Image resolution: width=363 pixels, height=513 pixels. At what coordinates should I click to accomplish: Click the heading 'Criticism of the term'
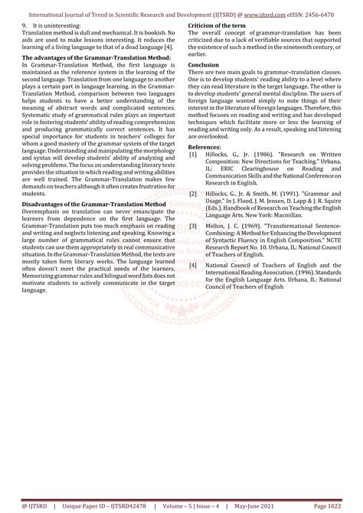219,26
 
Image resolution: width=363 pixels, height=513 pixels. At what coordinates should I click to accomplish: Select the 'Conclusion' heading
205,65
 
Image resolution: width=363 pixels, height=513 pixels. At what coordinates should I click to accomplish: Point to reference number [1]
193,153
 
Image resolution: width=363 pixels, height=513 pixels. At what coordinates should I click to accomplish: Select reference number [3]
193,227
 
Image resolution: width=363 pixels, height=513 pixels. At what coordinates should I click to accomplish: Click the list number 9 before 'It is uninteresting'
25,26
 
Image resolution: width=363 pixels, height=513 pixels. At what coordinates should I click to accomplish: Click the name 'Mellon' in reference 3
216,227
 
